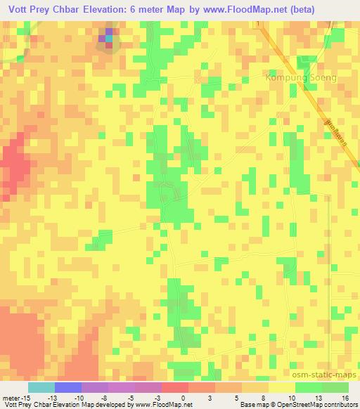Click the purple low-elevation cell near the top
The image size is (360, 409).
pos(108,34)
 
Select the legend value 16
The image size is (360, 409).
pos(347,397)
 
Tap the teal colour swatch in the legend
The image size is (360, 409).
pos(41,387)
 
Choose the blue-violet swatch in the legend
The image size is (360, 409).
pos(68,387)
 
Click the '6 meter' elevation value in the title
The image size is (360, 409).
pos(156,9)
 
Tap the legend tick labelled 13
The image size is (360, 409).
pos(321,397)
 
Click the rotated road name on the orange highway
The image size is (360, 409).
pos(337,133)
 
